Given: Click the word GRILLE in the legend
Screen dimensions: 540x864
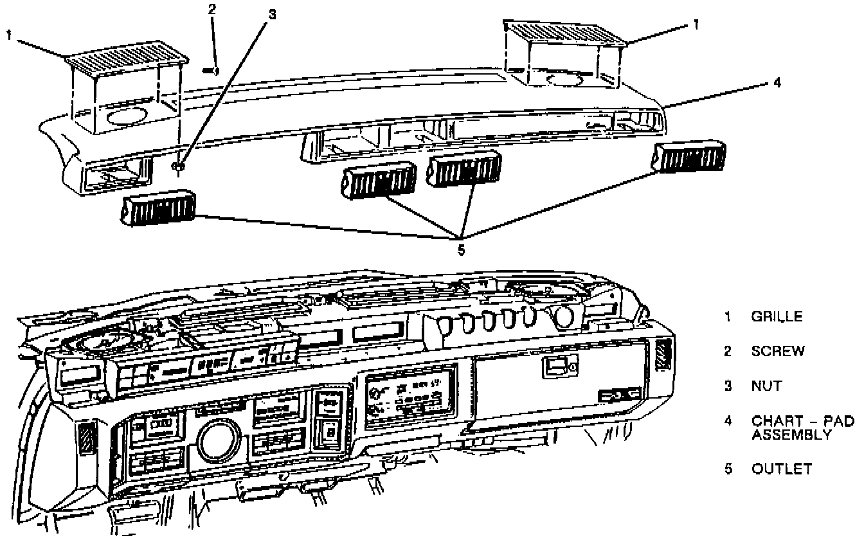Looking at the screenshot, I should (777, 316).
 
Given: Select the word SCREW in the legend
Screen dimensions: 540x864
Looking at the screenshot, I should (778, 351).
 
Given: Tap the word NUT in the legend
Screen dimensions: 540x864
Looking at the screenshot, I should (766, 386).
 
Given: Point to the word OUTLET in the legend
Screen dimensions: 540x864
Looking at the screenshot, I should (782, 469).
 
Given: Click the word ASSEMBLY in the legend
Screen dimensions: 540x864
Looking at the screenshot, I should (791, 435).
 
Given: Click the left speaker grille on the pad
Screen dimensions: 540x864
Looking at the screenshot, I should (127, 60).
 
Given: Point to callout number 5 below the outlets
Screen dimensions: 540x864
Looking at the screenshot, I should (460, 248).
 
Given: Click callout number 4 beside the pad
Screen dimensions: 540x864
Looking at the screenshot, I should (777, 83).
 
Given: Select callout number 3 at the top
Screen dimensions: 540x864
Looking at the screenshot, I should (272, 15).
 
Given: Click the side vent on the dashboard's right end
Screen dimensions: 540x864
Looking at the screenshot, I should (663, 355).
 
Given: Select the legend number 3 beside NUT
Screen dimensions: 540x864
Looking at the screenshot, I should (728, 386).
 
